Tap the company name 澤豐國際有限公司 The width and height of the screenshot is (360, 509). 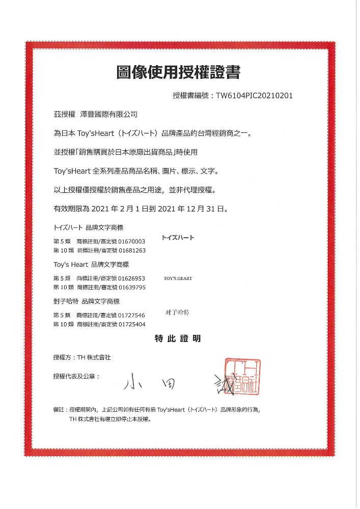108,115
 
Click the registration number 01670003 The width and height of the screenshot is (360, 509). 132,241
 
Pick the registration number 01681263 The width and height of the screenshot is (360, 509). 132,250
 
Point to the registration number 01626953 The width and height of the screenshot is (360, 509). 132,278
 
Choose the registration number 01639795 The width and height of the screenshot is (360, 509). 132,288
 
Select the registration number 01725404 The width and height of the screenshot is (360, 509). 132,324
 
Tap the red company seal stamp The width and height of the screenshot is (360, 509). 242,377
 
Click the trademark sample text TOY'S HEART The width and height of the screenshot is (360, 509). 178,278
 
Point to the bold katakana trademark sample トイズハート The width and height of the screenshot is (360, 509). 178,238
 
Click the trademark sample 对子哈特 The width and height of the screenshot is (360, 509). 177,313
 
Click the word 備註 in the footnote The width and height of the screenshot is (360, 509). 60,409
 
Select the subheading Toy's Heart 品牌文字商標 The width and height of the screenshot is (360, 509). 91,265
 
